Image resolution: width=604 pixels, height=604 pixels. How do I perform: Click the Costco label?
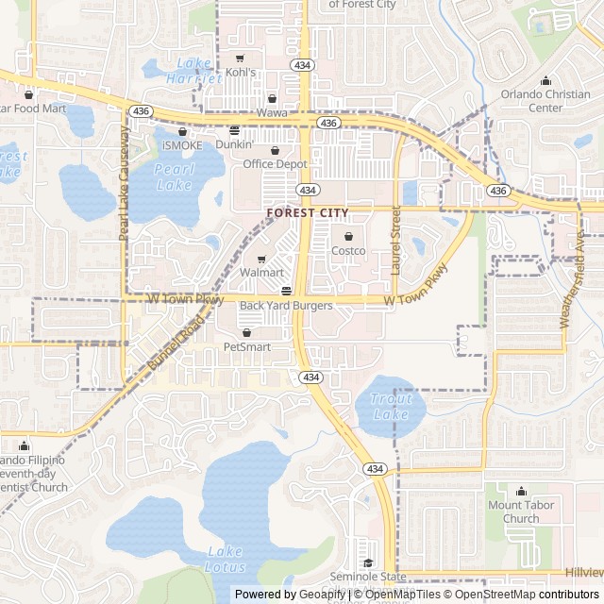[x=348, y=251]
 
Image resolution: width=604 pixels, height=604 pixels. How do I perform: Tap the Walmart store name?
[x=261, y=273]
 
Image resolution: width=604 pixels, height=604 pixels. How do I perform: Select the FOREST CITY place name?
[x=308, y=213]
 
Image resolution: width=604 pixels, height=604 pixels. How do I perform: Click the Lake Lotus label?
[x=226, y=560]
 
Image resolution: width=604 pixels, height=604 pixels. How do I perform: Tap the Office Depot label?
[x=276, y=164]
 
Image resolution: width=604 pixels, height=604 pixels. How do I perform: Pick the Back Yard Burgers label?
[x=286, y=306]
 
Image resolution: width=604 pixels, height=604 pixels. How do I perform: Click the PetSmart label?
[x=246, y=347]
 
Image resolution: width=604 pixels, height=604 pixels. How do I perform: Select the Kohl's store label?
[x=240, y=72]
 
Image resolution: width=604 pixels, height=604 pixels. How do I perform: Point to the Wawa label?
[x=272, y=113]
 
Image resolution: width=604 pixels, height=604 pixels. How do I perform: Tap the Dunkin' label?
[x=234, y=144]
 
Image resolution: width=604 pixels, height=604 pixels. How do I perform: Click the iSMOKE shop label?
[x=182, y=145]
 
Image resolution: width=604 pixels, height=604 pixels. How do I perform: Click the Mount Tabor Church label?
[x=520, y=512]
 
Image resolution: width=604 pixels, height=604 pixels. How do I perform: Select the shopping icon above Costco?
[x=348, y=236]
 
